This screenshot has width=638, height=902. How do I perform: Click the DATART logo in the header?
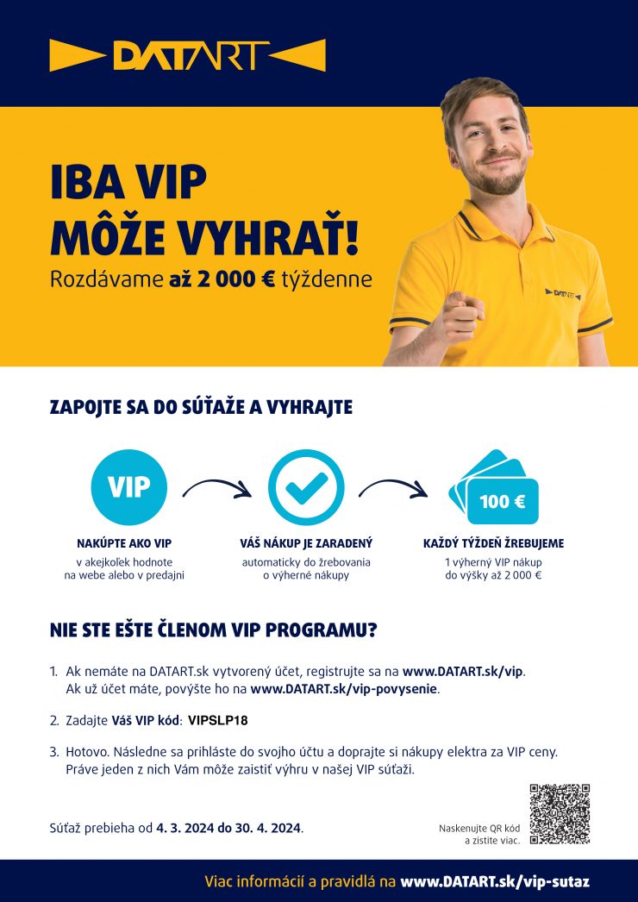187,54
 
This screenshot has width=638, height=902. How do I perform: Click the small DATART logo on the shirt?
564,293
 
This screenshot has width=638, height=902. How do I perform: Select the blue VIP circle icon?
128,487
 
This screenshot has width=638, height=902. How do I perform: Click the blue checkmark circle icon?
306,487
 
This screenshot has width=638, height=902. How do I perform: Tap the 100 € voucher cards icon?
494,488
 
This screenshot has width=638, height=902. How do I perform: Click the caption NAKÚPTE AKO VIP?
124,544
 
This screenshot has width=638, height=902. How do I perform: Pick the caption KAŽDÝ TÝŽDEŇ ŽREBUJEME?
493,544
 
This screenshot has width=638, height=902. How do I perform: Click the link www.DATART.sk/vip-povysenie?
344,689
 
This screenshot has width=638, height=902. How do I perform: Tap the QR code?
559,813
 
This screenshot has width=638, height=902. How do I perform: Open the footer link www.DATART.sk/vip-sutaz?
495,882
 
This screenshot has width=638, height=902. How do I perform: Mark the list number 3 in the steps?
53,751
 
